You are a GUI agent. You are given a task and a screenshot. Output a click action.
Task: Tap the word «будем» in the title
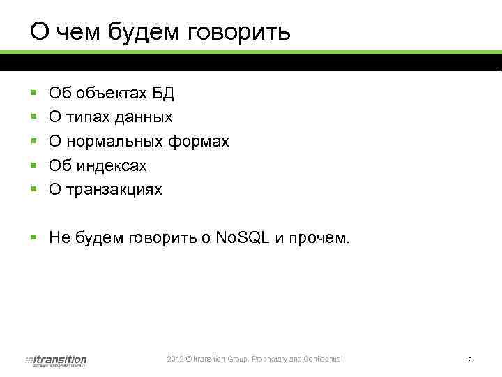tap(139, 32)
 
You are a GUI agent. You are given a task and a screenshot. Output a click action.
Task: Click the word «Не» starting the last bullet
tap(58, 239)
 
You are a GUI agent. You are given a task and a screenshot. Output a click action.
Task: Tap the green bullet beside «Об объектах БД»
tap(33, 93)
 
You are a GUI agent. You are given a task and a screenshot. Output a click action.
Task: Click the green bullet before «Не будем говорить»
tap(33, 239)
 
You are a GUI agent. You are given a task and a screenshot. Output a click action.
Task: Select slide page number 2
tap(470, 360)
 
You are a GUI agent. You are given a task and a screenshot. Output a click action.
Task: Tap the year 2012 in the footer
tap(176, 359)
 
